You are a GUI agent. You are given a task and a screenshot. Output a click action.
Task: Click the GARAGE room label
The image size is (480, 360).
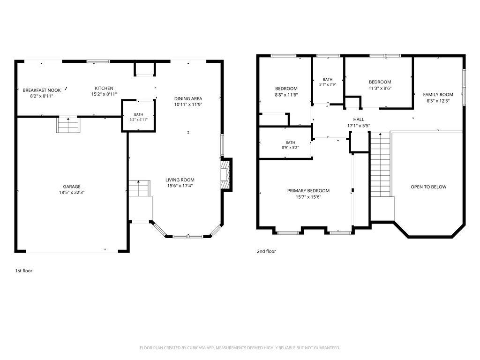(72, 187)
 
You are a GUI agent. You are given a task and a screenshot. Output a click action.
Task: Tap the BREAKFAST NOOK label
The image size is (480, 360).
(42, 90)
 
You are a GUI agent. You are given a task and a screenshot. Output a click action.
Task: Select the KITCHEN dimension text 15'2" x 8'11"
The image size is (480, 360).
(104, 94)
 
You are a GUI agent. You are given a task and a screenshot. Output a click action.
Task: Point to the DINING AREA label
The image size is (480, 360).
(188, 98)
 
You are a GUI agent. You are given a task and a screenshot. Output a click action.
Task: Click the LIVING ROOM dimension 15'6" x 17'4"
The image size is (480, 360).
(180, 186)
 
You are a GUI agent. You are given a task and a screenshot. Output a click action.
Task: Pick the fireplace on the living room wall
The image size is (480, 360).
(225, 175)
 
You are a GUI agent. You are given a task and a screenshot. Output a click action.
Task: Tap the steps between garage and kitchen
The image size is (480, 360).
(68, 125)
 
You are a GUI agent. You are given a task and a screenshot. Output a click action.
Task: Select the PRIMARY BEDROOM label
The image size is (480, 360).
(308, 190)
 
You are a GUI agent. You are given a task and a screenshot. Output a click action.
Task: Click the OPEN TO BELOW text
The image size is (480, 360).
(428, 187)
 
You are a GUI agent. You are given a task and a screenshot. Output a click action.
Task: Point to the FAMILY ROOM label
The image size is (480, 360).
(438, 95)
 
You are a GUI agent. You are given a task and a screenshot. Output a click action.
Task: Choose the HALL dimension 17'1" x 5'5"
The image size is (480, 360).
(359, 126)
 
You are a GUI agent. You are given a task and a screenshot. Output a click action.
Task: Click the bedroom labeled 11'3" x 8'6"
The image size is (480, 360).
(380, 85)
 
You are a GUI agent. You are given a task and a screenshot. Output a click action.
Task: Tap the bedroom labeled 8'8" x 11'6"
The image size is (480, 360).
(286, 91)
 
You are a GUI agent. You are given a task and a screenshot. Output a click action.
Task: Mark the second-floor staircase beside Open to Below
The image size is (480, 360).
(381, 165)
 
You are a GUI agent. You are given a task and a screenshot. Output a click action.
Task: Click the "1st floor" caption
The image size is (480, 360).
(24, 270)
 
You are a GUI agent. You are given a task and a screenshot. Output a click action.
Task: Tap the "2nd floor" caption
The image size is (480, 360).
(266, 251)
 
